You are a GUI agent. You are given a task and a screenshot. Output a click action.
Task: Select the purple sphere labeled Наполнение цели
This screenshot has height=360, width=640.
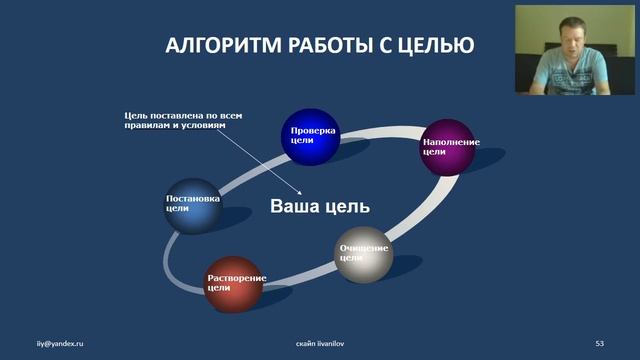(x=449, y=148)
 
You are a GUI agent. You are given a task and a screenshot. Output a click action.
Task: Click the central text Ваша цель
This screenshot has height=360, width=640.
(x=320, y=207)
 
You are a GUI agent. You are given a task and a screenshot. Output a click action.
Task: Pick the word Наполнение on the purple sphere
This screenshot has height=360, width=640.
(x=451, y=142)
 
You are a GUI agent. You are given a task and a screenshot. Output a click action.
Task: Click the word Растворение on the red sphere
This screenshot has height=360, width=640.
(x=237, y=277)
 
